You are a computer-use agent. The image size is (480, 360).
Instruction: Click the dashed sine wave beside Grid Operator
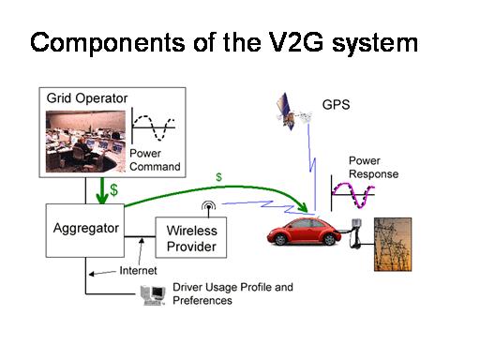coord(153,125)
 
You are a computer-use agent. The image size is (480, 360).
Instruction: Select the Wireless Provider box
coord(191,239)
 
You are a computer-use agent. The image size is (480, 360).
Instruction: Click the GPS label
coord(337,106)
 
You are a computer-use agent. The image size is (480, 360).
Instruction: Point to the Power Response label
coord(372,168)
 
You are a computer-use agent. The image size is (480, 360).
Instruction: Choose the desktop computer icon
coord(153,295)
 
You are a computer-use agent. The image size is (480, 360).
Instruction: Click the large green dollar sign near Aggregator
coord(113,189)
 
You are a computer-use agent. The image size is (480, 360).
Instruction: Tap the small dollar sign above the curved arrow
coord(219,176)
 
